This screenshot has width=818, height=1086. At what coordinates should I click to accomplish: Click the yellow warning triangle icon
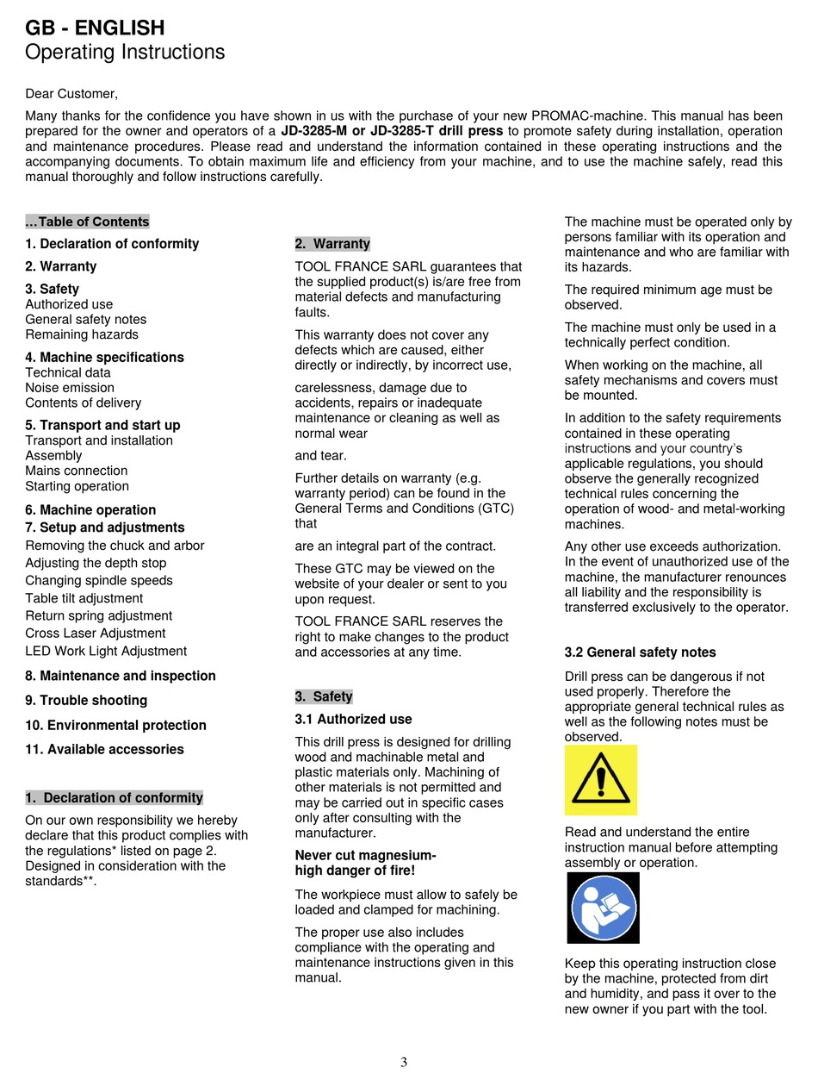pyautogui.click(x=600, y=780)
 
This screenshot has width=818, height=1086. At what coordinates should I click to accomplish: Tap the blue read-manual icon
pyautogui.click(x=603, y=908)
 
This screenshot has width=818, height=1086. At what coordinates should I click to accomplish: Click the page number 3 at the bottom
pyautogui.click(x=404, y=1062)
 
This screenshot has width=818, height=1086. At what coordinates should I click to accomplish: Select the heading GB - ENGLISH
pyautogui.click(x=95, y=28)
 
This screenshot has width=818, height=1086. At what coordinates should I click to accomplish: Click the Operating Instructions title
pyautogui.click(x=125, y=53)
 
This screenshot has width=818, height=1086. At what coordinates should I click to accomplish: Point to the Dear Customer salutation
pyautogui.click(x=71, y=93)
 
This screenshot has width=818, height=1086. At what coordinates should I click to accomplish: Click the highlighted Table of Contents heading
pyautogui.click(x=87, y=222)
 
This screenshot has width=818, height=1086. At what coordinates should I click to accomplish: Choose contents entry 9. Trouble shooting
pyautogui.click(x=86, y=701)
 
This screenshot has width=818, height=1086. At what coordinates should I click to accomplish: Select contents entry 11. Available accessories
pyautogui.click(x=104, y=750)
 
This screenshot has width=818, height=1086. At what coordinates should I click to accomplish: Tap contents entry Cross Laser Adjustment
pyautogui.click(x=96, y=633)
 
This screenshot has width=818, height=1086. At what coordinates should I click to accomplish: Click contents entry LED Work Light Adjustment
pyautogui.click(x=106, y=652)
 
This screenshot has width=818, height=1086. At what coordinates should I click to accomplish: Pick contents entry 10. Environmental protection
pyautogui.click(x=115, y=726)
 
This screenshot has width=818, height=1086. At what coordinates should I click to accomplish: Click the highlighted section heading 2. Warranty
pyautogui.click(x=332, y=244)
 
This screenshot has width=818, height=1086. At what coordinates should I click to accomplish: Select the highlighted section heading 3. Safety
pyautogui.click(x=324, y=696)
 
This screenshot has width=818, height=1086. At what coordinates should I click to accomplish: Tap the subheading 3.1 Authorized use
pyautogui.click(x=353, y=720)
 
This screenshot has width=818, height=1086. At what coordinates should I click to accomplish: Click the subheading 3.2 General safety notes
pyautogui.click(x=640, y=652)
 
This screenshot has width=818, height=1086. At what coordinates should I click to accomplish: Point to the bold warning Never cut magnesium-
pyautogui.click(x=365, y=856)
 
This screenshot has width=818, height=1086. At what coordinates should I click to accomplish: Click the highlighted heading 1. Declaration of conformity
pyautogui.click(x=115, y=798)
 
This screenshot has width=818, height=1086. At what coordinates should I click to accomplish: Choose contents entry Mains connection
pyautogui.click(x=77, y=471)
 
